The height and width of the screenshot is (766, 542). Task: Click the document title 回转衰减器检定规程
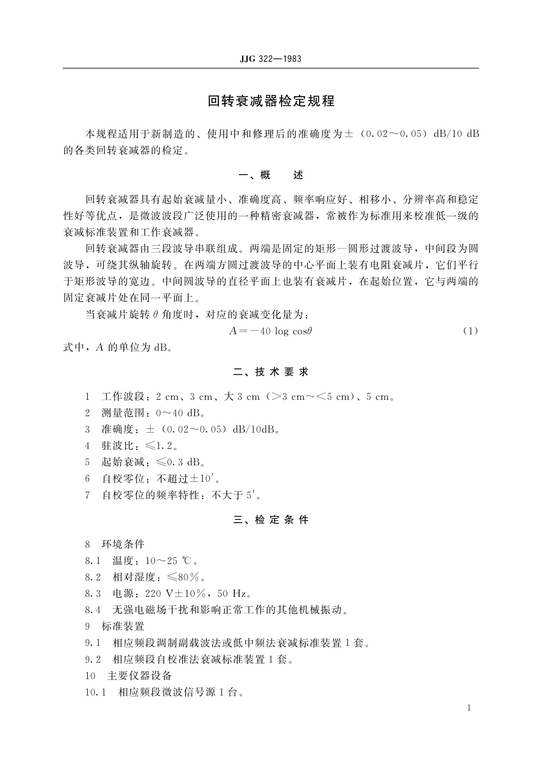(271, 101)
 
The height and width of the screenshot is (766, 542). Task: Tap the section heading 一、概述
(271, 175)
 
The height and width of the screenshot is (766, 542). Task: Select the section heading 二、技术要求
(271, 372)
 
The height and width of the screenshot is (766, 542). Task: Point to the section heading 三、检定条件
(271, 519)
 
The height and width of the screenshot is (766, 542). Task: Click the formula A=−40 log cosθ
(271, 331)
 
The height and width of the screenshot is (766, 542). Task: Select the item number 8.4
(93, 610)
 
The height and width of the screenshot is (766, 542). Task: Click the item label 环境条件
(122, 544)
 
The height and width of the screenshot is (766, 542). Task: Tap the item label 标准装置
(122, 627)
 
